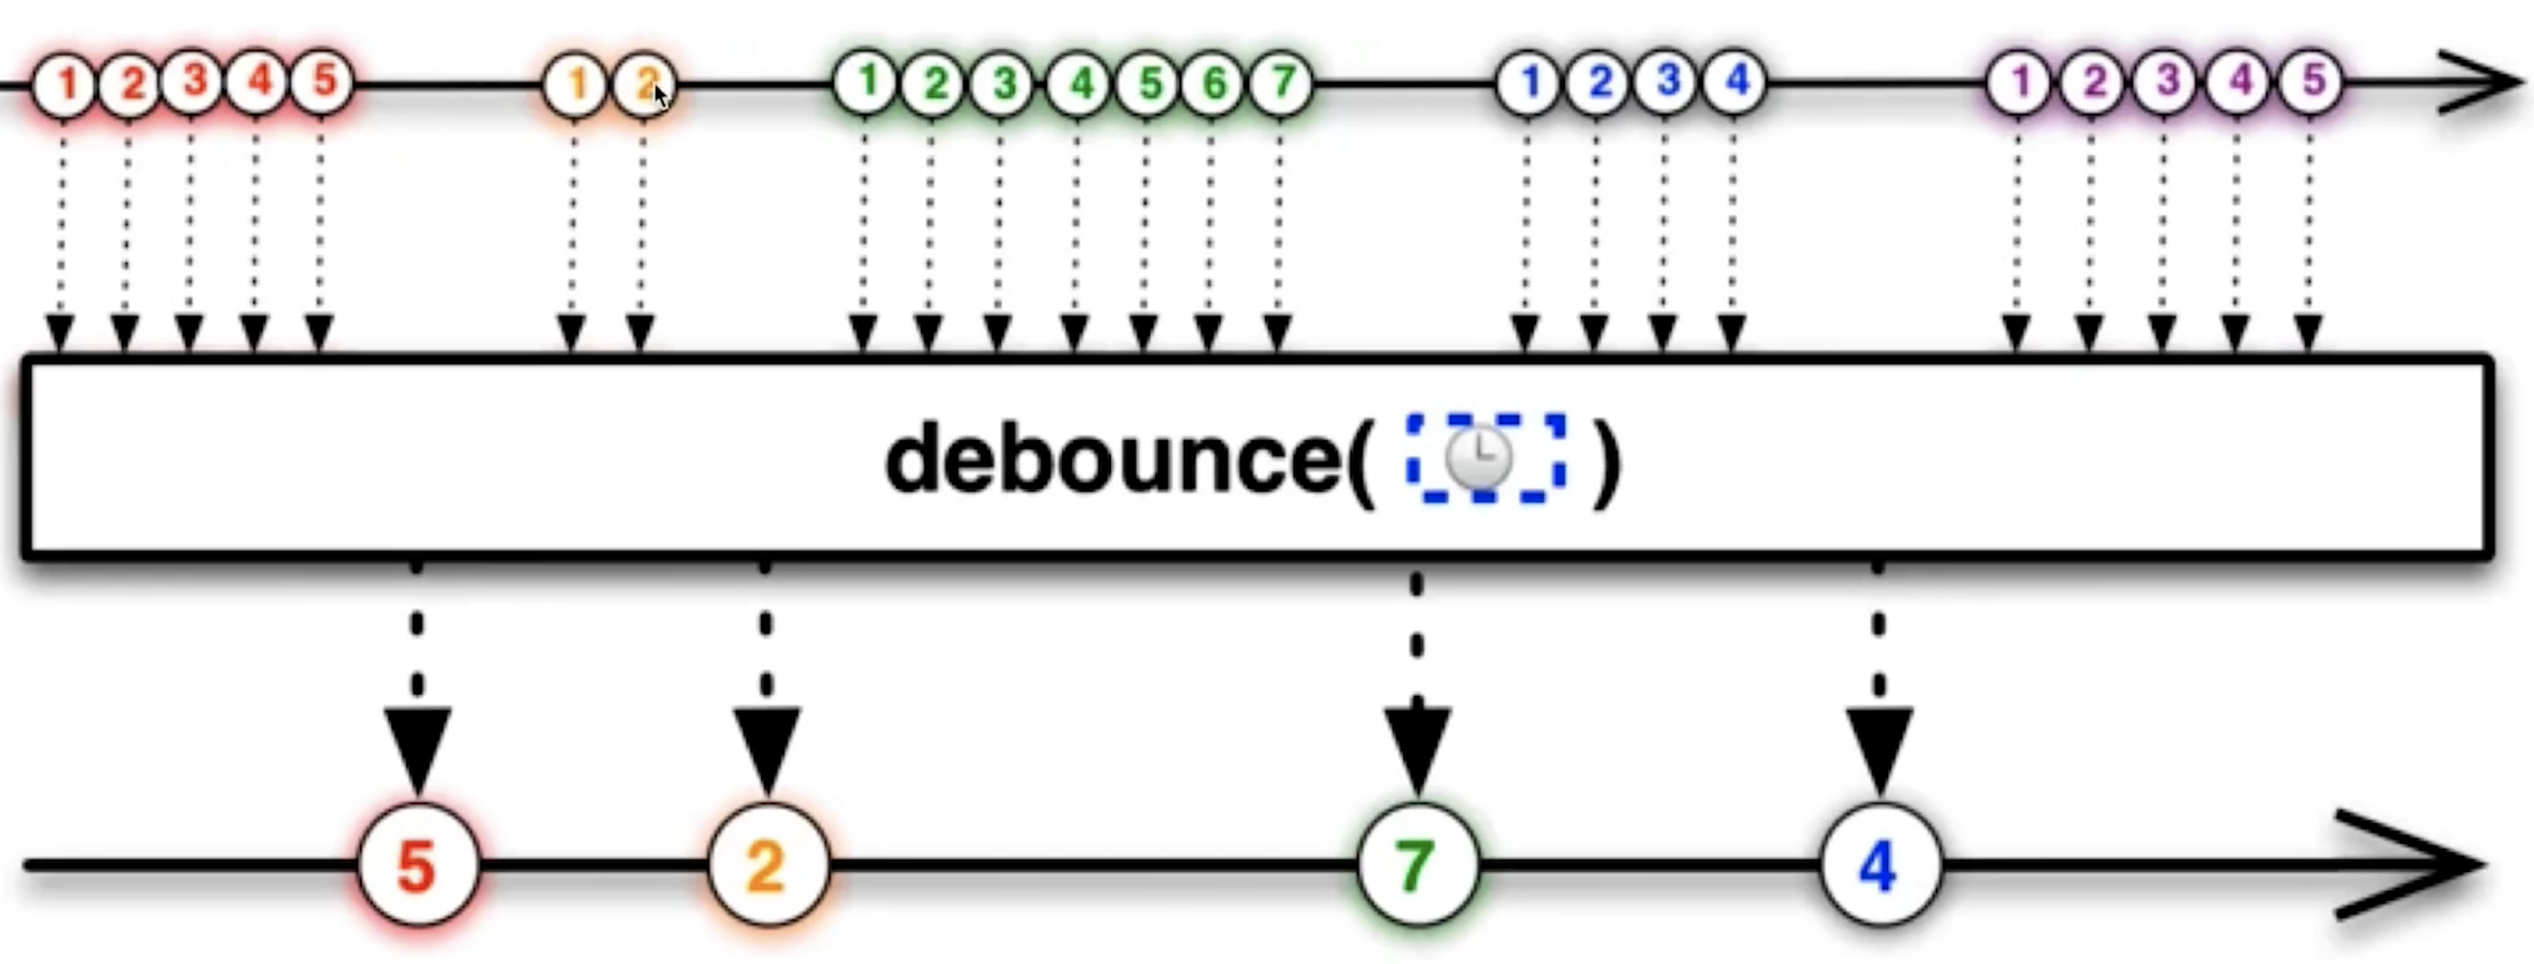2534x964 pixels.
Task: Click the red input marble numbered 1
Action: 64,84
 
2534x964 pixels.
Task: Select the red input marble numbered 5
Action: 321,81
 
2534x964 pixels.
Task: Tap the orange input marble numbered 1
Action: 575,85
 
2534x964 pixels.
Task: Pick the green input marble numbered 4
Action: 1078,84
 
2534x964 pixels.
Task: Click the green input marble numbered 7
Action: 1281,83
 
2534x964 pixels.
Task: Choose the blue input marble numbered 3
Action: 1665,81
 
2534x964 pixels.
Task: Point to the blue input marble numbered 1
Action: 1528,83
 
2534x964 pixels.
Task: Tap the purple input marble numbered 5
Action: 2311,81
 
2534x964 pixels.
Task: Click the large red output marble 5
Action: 418,866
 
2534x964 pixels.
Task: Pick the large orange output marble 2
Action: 768,866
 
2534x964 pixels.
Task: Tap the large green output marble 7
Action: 1417,866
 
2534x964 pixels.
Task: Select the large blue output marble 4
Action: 1879,866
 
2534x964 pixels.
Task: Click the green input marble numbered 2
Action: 935,84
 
